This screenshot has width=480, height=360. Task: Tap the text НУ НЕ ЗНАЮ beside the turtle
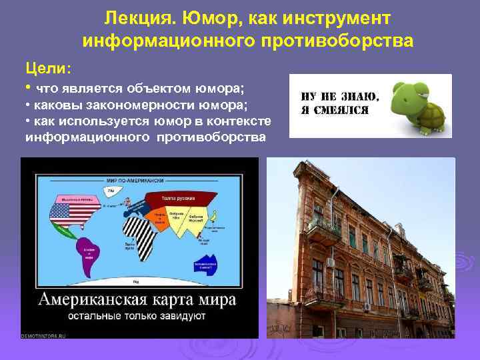point(337,95)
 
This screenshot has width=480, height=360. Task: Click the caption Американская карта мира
point(137,299)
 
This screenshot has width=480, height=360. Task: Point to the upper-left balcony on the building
point(323,230)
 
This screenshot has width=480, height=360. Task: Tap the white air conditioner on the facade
point(330,263)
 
